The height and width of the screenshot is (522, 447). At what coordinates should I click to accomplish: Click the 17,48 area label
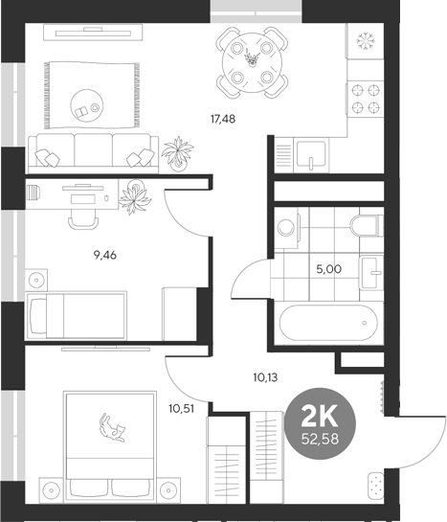click(x=224, y=119)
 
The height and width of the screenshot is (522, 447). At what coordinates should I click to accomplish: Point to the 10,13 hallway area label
click(x=266, y=376)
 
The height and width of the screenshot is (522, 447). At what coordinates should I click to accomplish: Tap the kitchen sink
click(x=308, y=157)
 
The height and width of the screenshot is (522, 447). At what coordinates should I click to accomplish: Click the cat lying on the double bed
click(x=114, y=426)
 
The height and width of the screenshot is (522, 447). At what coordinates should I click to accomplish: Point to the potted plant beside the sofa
click(x=177, y=152)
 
